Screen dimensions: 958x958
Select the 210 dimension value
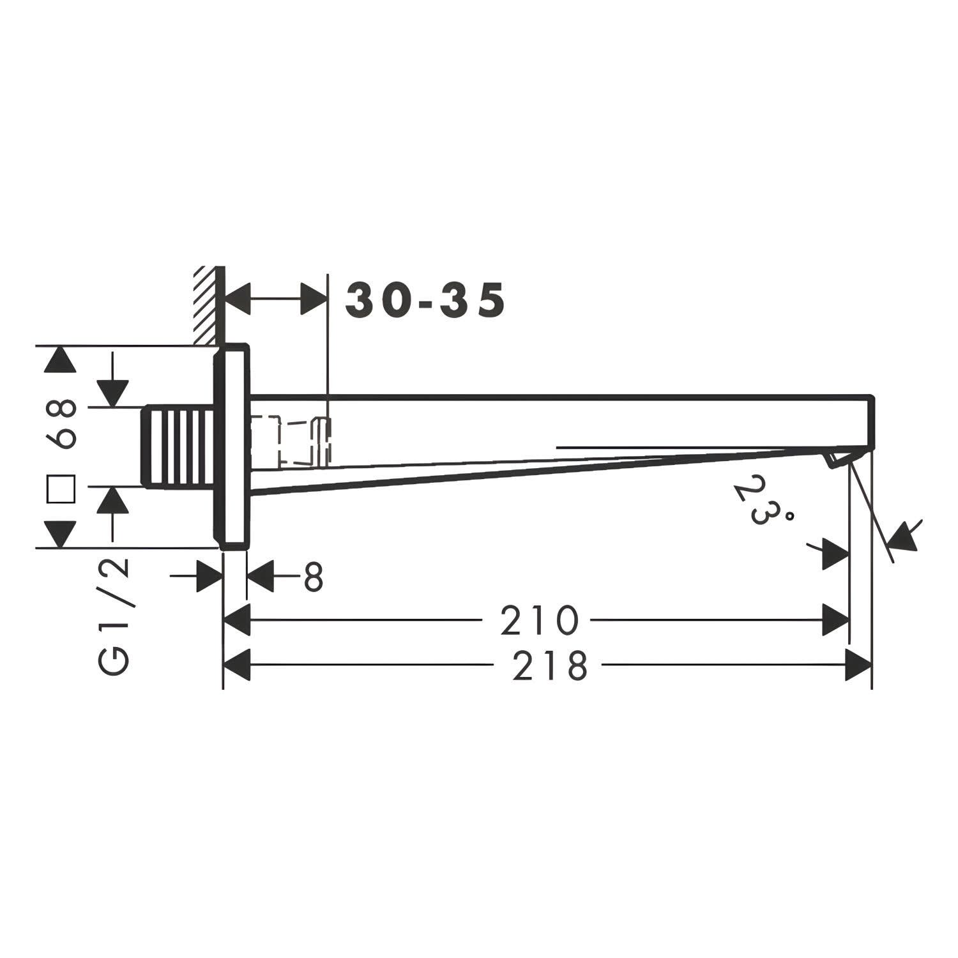[539, 620]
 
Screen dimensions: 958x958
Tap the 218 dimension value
[549, 665]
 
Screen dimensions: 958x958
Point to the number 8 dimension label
[313, 578]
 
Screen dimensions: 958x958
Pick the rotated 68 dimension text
[62, 423]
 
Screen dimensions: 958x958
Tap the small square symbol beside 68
[62, 489]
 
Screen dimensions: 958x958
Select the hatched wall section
[206, 305]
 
